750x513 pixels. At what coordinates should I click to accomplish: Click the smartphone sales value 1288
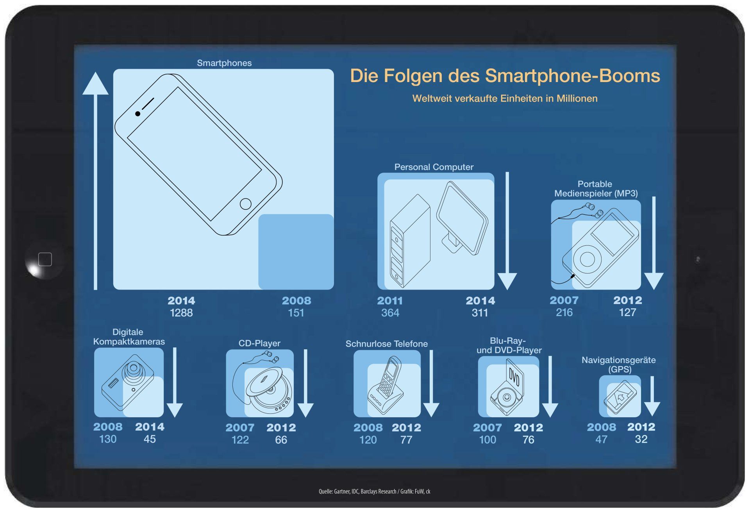click(x=181, y=313)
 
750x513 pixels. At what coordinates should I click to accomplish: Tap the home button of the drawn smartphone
click(x=245, y=204)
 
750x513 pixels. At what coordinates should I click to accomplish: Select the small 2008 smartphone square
click(x=296, y=252)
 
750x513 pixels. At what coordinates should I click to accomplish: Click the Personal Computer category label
click(x=434, y=167)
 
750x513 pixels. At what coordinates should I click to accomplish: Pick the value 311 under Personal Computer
click(x=480, y=313)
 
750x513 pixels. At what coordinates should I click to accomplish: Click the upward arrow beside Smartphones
click(x=95, y=181)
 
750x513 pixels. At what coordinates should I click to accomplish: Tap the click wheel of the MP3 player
click(x=587, y=259)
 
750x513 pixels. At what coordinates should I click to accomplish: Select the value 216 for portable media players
click(x=564, y=312)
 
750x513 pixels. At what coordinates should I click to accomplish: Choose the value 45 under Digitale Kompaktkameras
click(x=150, y=439)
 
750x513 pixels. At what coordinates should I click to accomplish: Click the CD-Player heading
click(x=259, y=343)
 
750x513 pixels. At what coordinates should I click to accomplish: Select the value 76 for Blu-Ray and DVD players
click(x=528, y=440)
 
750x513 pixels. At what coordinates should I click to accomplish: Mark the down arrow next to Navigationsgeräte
click(x=652, y=396)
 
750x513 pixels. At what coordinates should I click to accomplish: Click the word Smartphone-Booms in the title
click(x=573, y=76)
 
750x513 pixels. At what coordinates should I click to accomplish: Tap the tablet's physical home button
click(x=45, y=259)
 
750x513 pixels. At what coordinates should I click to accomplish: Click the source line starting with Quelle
click(x=374, y=491)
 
